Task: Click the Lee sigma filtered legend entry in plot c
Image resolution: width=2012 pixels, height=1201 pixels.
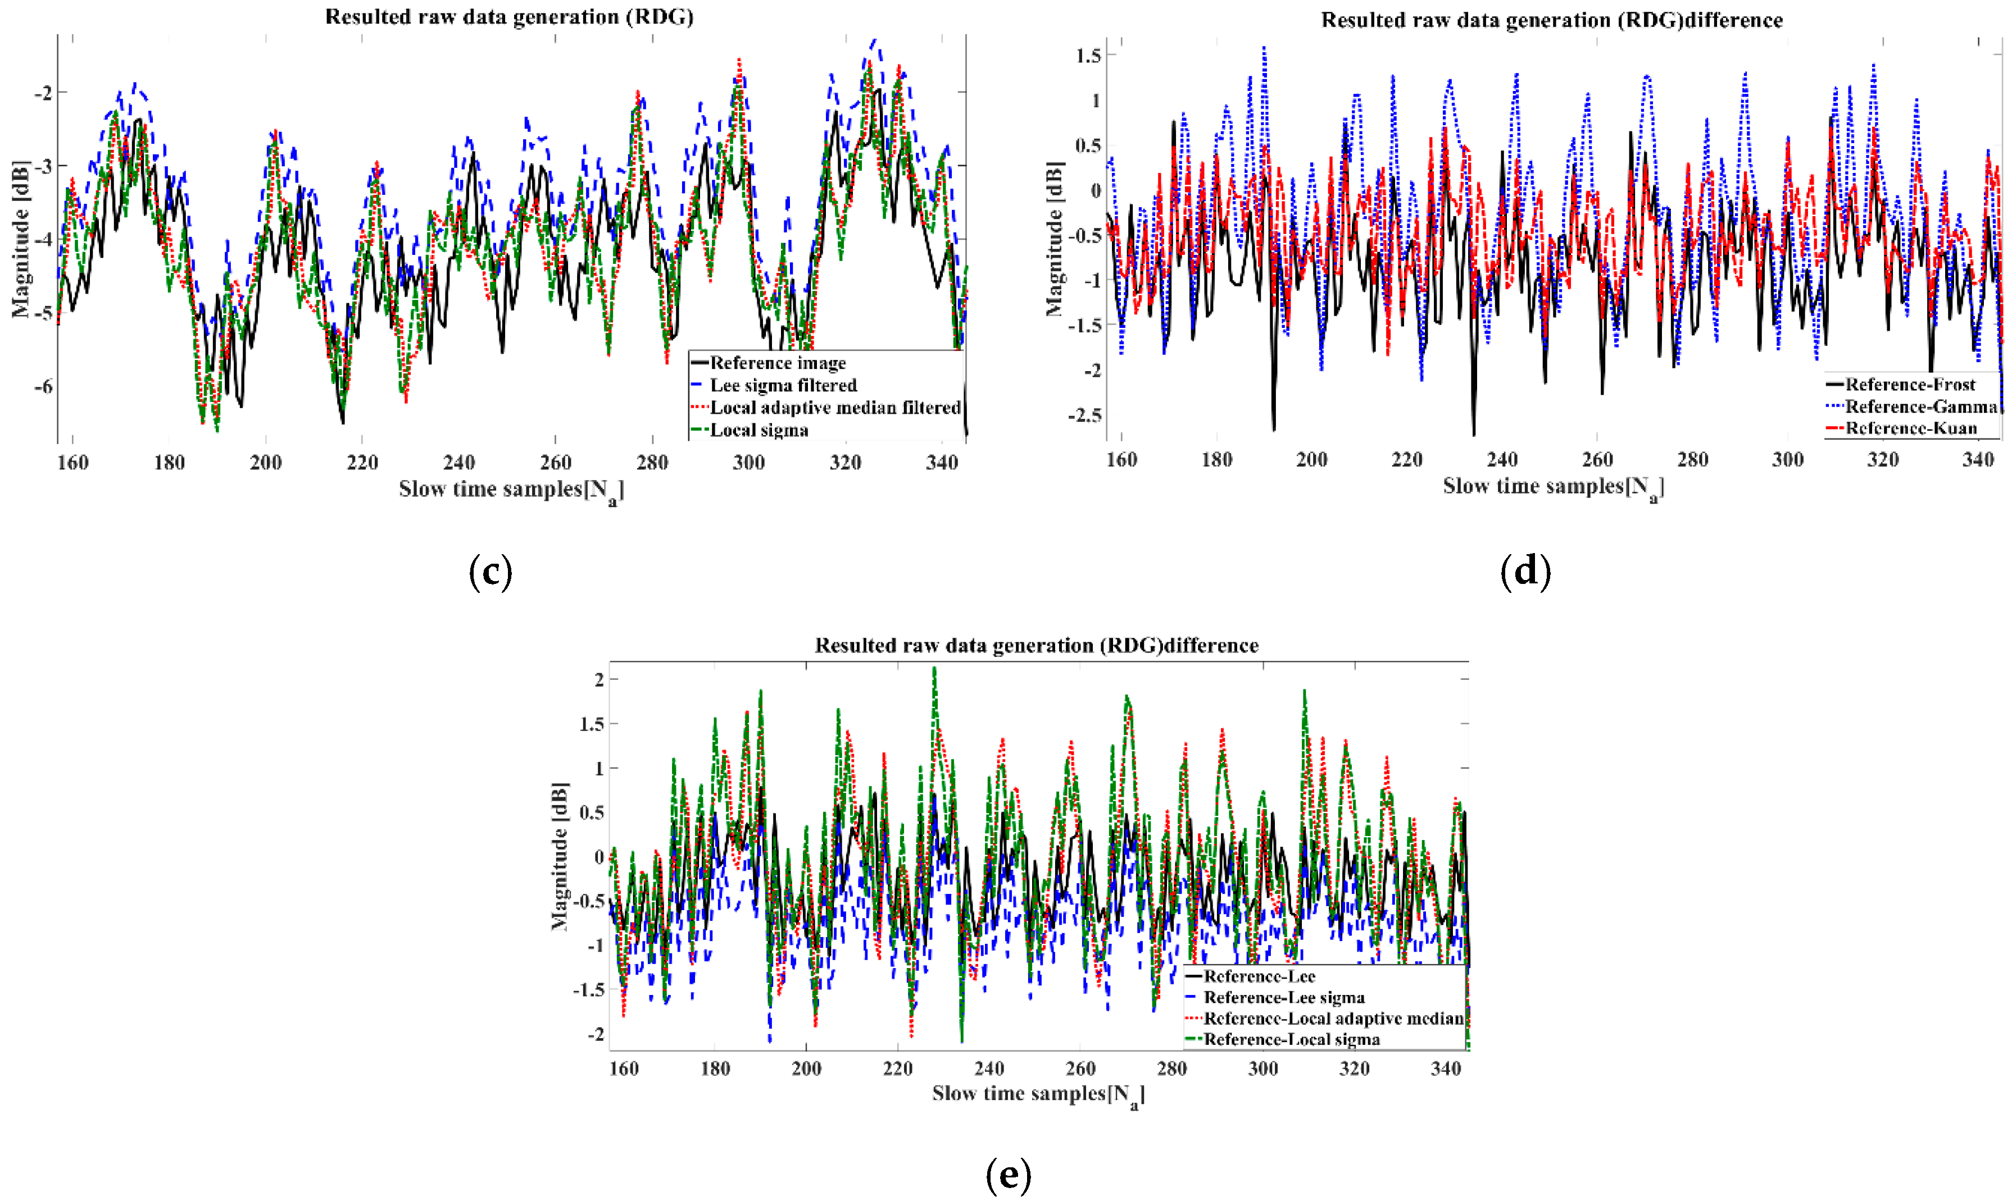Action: point(782,385)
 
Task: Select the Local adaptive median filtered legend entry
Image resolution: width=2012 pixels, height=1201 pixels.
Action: point(834,408)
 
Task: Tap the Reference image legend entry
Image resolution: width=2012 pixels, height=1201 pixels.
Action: point(777,363)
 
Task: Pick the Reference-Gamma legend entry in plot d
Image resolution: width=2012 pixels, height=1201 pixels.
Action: point(1920,407)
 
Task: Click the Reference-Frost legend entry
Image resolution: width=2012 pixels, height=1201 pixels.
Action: point(1909,385)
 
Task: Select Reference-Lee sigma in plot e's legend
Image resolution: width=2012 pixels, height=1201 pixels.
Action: point(1283,997)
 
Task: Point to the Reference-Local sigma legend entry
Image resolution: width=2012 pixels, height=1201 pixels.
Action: point(1291,1039)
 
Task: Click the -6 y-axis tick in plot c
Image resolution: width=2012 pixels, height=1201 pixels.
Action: point(43,386)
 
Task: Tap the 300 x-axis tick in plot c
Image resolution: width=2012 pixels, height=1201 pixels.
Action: point(748,463)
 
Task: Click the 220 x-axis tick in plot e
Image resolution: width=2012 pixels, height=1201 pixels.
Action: point(897,1068)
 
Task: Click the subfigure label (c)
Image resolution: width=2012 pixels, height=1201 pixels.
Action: point(490,572)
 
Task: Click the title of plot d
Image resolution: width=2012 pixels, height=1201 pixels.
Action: point(1551,20)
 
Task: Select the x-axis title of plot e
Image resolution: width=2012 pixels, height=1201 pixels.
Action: point(1037,1094)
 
